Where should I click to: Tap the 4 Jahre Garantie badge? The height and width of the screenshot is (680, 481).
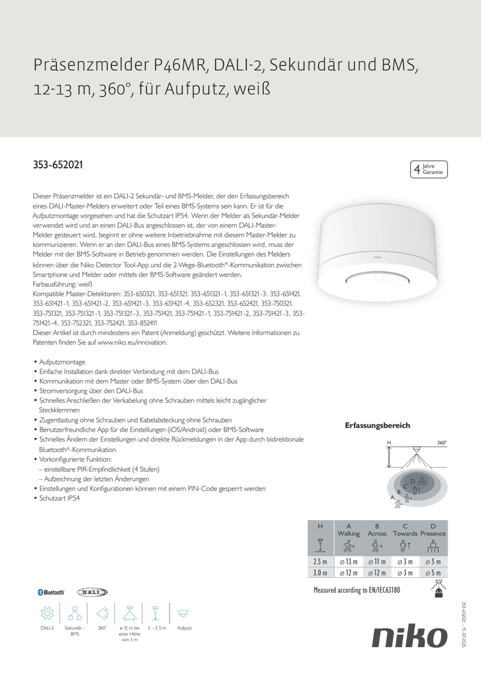click(x=429, y=169)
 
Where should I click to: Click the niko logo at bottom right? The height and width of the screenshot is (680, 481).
click(x=410, y=636)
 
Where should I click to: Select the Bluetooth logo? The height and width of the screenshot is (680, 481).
click(x=51, y=592)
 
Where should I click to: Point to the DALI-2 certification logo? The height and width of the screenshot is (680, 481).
click(x=92, y=592)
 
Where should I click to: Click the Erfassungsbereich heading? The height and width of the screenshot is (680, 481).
click(x=377, y=426)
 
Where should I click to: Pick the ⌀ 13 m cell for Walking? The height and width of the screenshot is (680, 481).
click(x=348, y=562)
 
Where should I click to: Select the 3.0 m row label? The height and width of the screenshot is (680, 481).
click(x=321, y=573)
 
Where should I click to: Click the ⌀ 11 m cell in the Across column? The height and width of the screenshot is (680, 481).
click(x=377, y=562)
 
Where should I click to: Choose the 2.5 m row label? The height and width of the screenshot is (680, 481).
click(x=321, y=562)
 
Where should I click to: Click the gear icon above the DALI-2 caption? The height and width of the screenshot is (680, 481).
click(x=47, y=613)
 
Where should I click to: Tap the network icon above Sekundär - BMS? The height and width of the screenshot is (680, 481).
click(x=75, y=613)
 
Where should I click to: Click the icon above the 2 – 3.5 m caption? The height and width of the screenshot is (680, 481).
click(x=155, y=613)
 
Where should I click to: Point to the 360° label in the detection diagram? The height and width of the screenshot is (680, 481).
click(x=442, y=443)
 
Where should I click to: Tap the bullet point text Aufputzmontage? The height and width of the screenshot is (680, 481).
click(x=62, y=362)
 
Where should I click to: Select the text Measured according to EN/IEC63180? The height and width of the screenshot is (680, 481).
click(x=357, y=590)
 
